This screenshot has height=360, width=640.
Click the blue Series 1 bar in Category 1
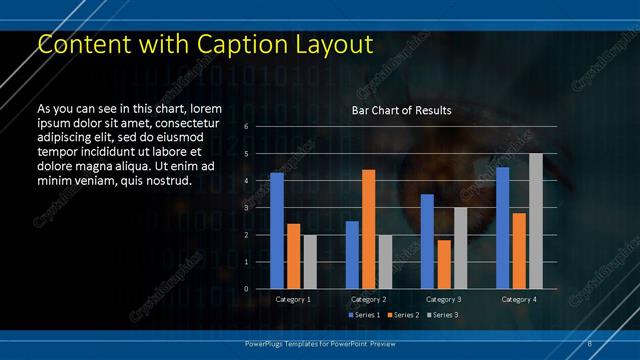(x=277, y=231)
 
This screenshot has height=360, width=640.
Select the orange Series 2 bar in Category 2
(x=369, y=229)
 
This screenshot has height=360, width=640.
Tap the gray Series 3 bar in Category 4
(x=536, y=221)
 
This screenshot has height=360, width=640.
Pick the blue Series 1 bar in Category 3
(x=427, y=241)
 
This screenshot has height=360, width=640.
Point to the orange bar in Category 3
(x=444, y=264)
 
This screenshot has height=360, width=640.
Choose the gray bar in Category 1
(x=311, y=262)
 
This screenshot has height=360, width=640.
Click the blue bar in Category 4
(x=503, y=228)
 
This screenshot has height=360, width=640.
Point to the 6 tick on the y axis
(x=246, y=126)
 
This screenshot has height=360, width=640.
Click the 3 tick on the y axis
(x=246, y=208)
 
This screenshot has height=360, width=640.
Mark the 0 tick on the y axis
(x=246, y=289)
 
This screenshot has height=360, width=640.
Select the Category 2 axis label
(x=368, y=299)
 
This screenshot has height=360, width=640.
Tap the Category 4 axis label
(x=519, y=299)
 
